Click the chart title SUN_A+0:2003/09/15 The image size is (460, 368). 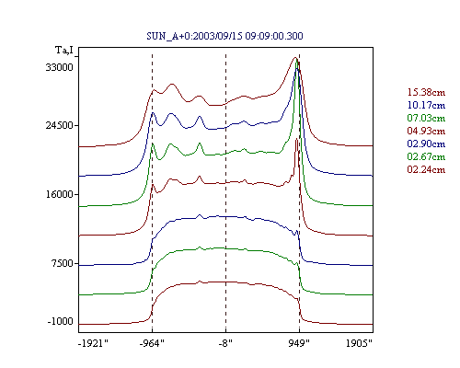(194, 36)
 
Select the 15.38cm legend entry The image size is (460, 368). (426, 92)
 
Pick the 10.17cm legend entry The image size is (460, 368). (426, 105)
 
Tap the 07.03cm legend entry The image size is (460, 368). (426, 118)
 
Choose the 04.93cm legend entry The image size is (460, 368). (426, 131)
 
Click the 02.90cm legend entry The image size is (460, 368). (426, 144)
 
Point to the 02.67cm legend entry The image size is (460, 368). (426, 156)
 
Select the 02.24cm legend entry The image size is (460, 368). (426, 169)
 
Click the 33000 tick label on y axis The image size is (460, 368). (60, 67)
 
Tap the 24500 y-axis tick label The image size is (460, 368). (60, 125)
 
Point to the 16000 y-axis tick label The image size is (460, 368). (60, 194)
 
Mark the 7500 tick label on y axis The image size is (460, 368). (63, 263)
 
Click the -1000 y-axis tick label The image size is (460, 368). (61, 321)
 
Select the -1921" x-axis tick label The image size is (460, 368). (94, 343)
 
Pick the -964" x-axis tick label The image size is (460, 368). (152, 343)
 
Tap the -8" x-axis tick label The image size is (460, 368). (225, 343)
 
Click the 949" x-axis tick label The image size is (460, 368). (299, 343)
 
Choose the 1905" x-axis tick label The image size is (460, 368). (359, 343)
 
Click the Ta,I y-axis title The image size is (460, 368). (64, 50)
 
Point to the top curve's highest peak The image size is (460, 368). (295, 57)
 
